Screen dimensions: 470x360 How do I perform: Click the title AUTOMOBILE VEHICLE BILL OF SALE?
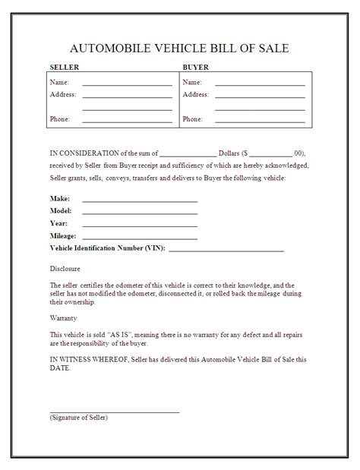tap(180, 49)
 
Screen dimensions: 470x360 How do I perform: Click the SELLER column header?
tap(64, 68)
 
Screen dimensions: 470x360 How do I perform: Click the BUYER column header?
tap(195, 68)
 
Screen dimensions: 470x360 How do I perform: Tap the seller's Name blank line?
tap(127, 85)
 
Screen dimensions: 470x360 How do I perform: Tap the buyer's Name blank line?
tap(260, 85)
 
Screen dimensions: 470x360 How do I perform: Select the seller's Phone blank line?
tap(127, 122)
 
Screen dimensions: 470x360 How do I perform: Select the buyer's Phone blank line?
tap(260, 122)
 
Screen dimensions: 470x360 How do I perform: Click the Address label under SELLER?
tap(63, 94)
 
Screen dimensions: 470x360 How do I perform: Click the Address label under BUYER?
tap(196, 94)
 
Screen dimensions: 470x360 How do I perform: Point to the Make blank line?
tap(140, 201)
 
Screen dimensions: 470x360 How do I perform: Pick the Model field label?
tap(61, 210)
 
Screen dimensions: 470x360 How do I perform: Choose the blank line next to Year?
tap(140, 226)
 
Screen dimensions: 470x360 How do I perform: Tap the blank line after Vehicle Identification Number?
tap(226, 250)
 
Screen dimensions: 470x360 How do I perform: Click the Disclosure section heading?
tap(65, 269)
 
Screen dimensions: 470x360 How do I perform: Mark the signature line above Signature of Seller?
tap(115, 411)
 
